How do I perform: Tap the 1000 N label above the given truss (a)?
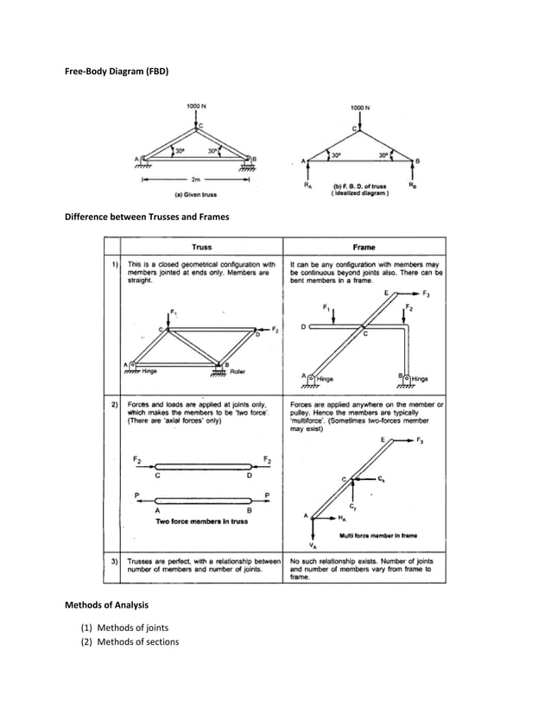click(x=196, y=107)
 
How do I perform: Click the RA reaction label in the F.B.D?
click(x=308, y=185)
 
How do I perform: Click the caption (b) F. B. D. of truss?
click(x=361, y=187)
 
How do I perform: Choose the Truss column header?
click(x=201, y=246)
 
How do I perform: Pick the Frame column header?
click(x=362, y=246)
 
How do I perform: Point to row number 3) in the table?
click(x=113, y=560)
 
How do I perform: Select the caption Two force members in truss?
click(x=198, y=521)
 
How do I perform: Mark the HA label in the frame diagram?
click(x=343, y=519)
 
